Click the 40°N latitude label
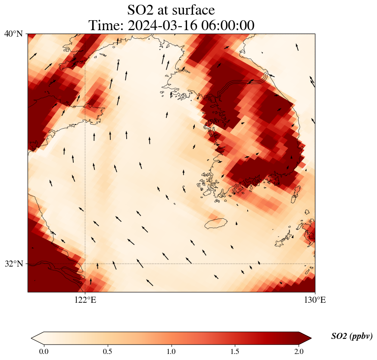[14, 34]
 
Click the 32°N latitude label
[14, 264]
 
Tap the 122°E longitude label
[85, 300]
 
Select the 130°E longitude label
[315, 300]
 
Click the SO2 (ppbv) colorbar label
[352, 336]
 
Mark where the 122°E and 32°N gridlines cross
[85, 264]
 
